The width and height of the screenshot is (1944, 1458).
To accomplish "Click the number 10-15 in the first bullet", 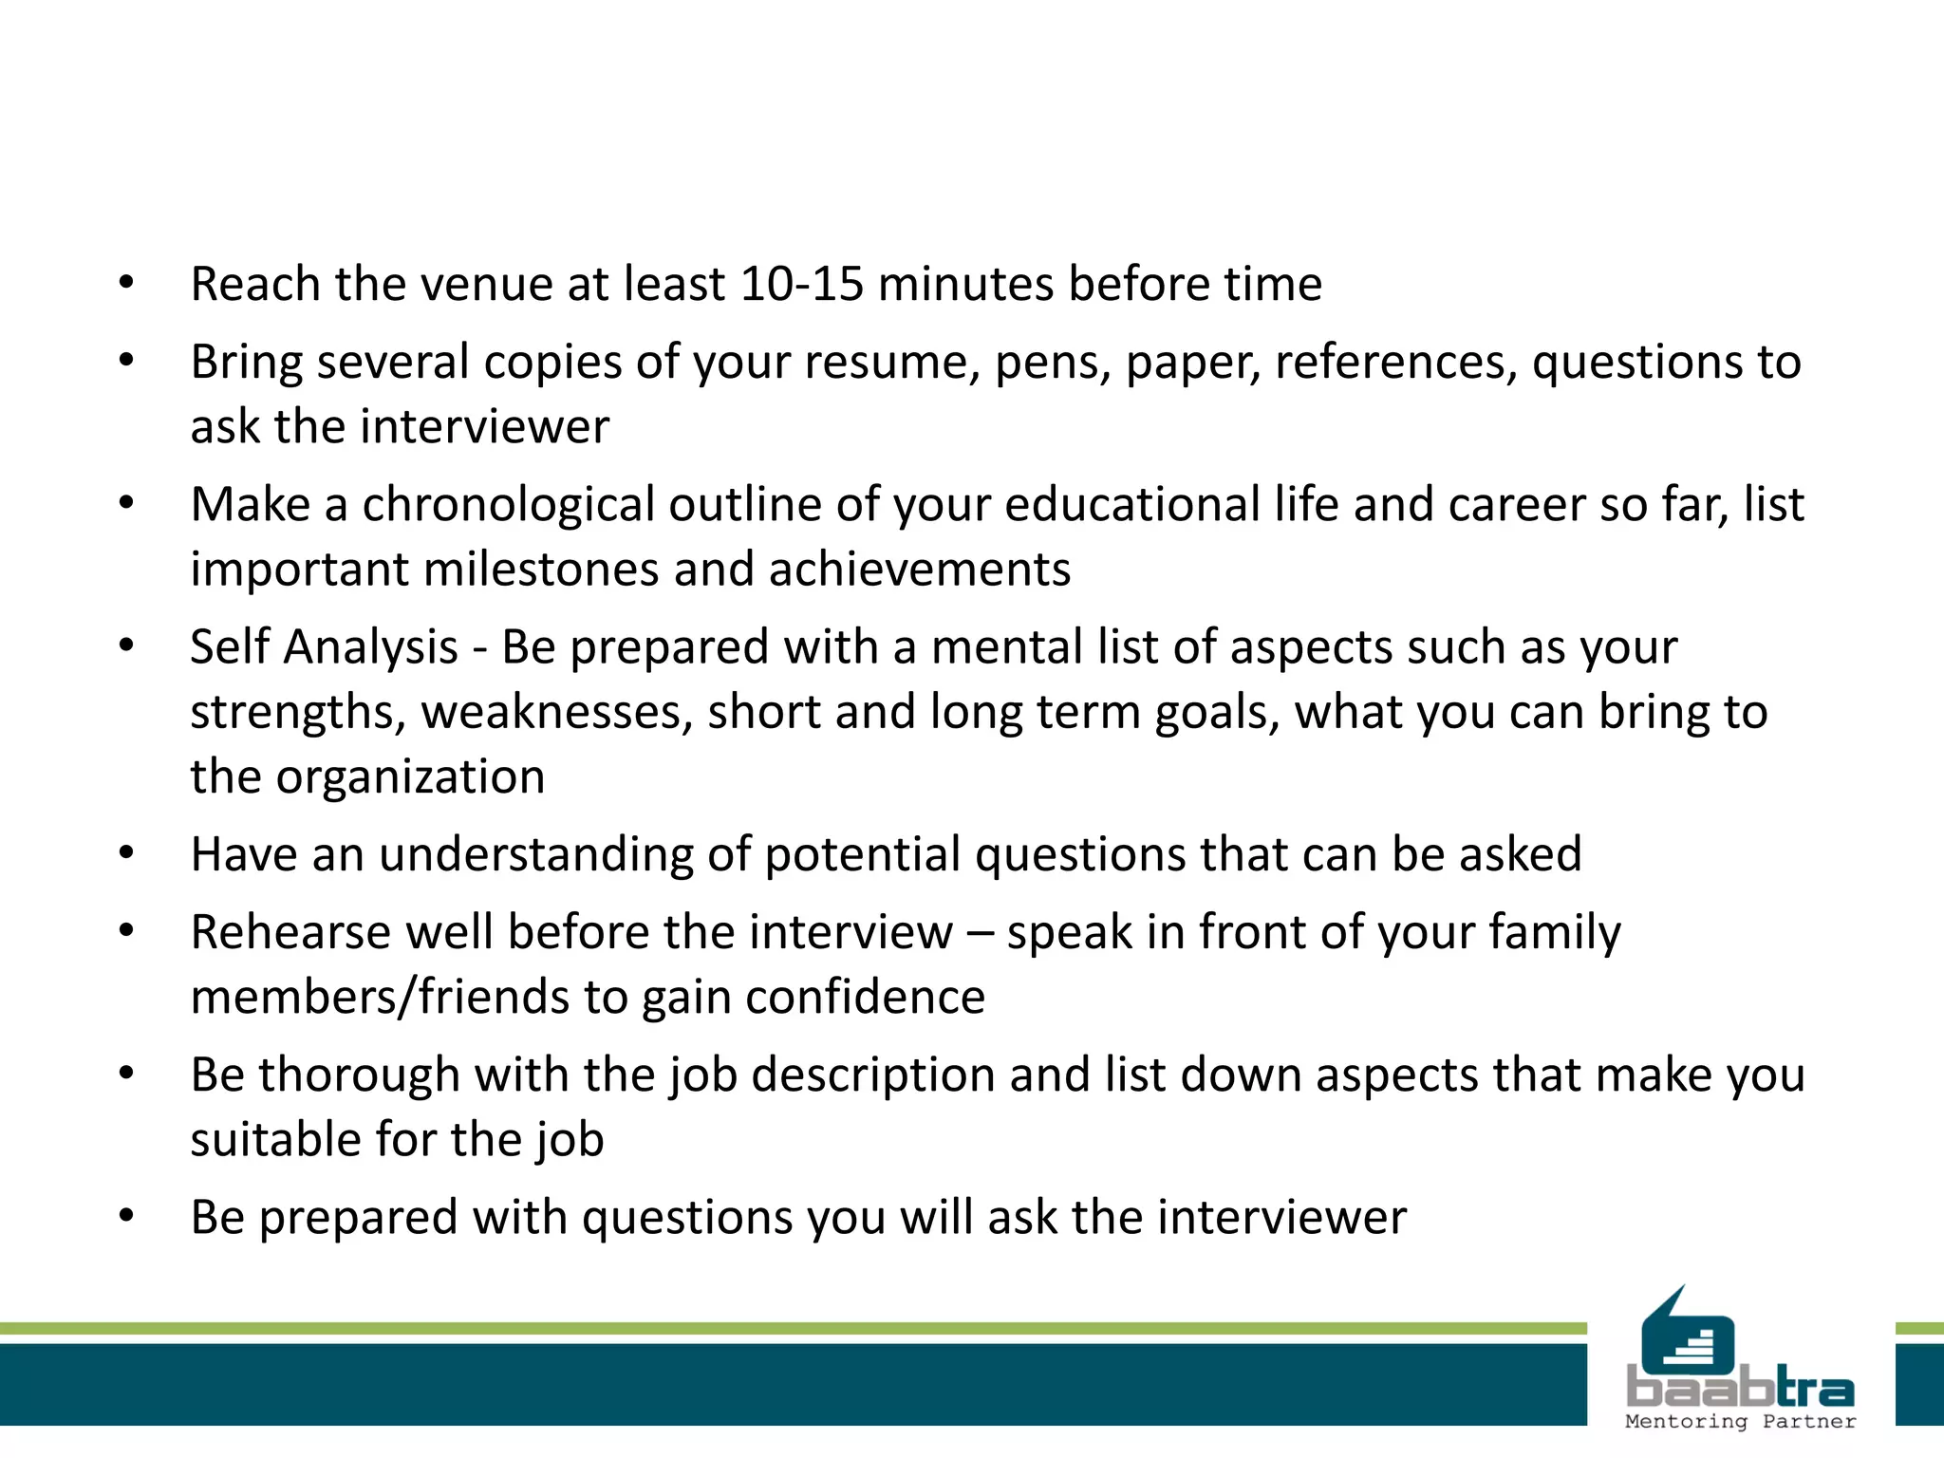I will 801,284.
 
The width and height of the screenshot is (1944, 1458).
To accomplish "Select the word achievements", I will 920,570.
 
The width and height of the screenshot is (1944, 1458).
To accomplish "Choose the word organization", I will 410,777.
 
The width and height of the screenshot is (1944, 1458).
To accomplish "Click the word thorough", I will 360,1075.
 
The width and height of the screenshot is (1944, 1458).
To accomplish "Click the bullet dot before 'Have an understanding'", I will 127,852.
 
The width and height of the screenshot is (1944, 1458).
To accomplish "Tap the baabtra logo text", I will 1740,1389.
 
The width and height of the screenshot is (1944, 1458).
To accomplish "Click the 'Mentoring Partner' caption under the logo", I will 1740,1421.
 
